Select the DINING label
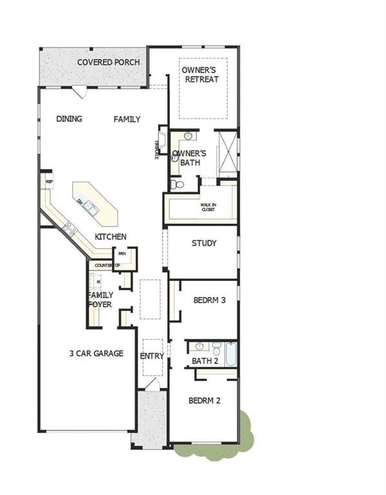click(x=69, y=119)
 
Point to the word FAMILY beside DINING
click(x=127, y=119)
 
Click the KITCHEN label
click(x=110, y=237)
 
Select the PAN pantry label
click(x=121, y=254)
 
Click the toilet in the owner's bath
click(x=179, y=184)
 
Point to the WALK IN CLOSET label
click(x=207, y=206)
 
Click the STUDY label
click(x=204, y=244)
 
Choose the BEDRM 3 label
click(x=209, y=300)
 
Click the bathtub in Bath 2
click(x=231, y=352)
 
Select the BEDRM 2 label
click(x=204, y=400)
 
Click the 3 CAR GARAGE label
click(x=97, y=353)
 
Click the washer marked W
click(x=99, y=282)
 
